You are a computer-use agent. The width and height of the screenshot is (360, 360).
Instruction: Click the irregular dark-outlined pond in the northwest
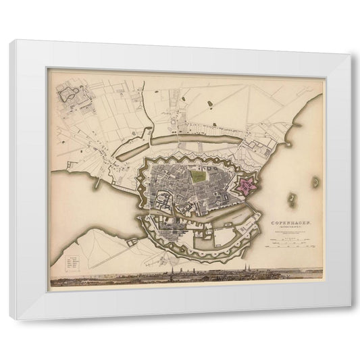[x=70, y=96]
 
